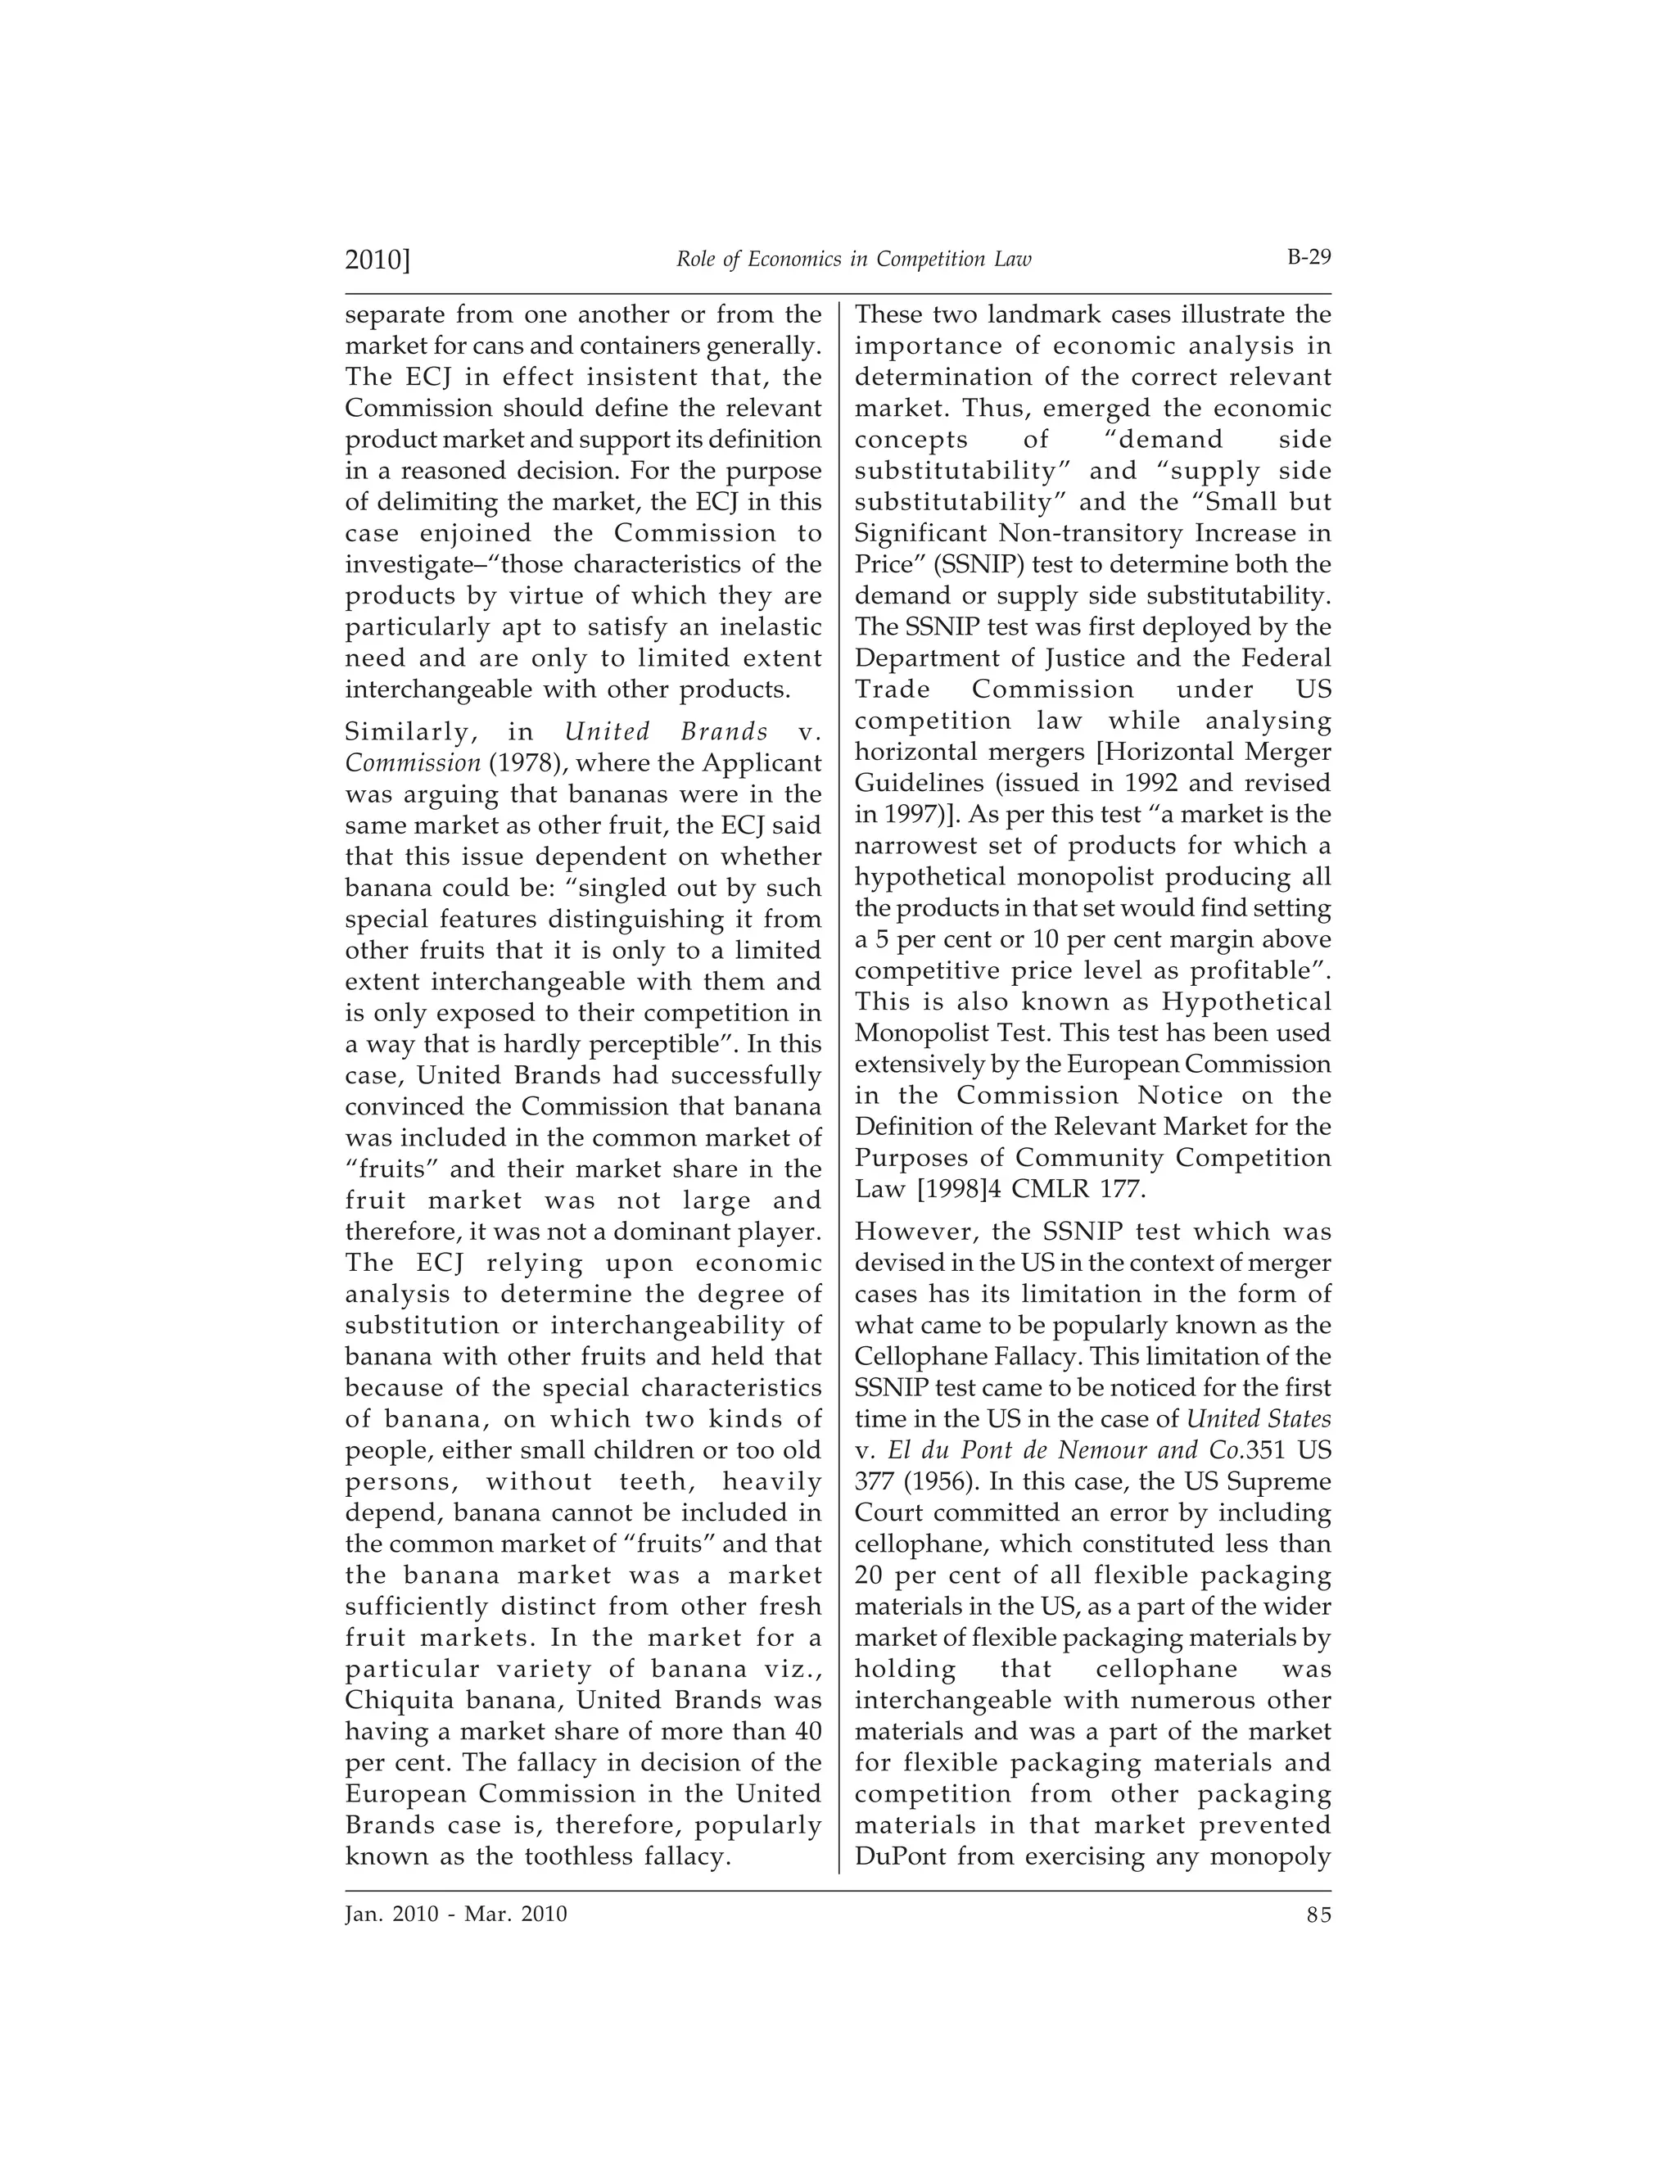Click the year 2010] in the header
(377, 260)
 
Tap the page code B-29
(1309, 257)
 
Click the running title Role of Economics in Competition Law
(853, 260)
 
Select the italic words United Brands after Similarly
(666, 732)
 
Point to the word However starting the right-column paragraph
(912, 1232)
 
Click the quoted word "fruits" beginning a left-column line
(390, 1169)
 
